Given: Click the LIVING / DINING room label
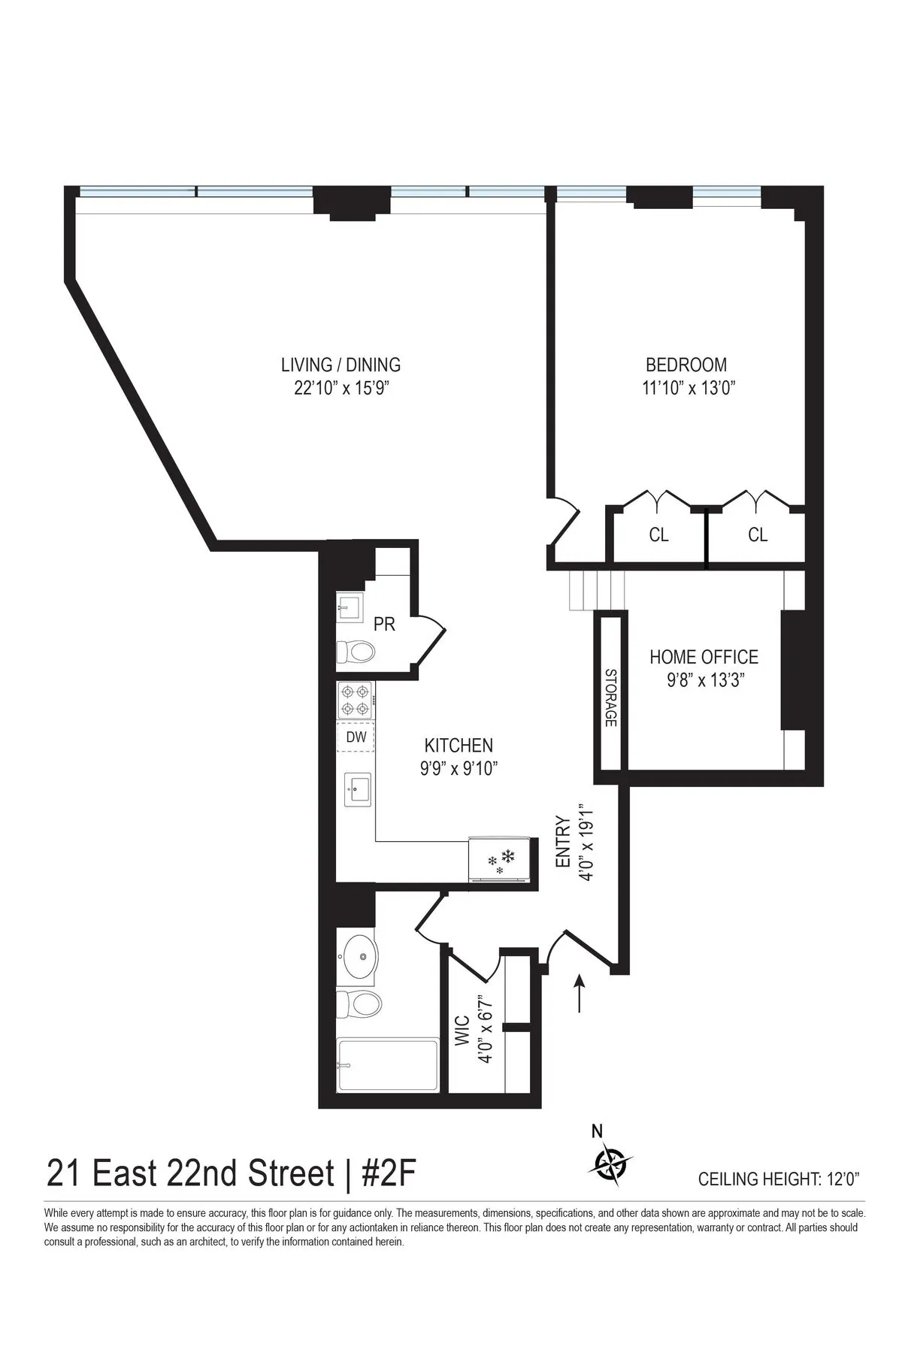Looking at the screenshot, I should [341, 365].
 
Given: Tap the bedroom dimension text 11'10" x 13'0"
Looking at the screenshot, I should [686, 389].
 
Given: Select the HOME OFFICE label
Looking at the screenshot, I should [704, 657].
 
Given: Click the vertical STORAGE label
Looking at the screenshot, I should [610, 698].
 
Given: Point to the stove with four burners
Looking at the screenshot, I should [356, 700].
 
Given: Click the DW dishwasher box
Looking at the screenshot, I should [356, 737].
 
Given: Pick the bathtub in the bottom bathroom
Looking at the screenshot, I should [388, 1065].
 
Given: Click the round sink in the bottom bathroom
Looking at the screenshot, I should [358, 957].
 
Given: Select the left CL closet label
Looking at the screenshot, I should [658, 534].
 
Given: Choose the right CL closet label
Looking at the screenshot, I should [758, 534].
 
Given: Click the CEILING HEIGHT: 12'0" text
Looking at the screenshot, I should [779, 1179].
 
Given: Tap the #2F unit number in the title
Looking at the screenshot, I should [389, 1173].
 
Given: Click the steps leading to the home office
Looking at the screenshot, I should [598, 590].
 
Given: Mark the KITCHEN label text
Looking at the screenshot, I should [459, 746].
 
